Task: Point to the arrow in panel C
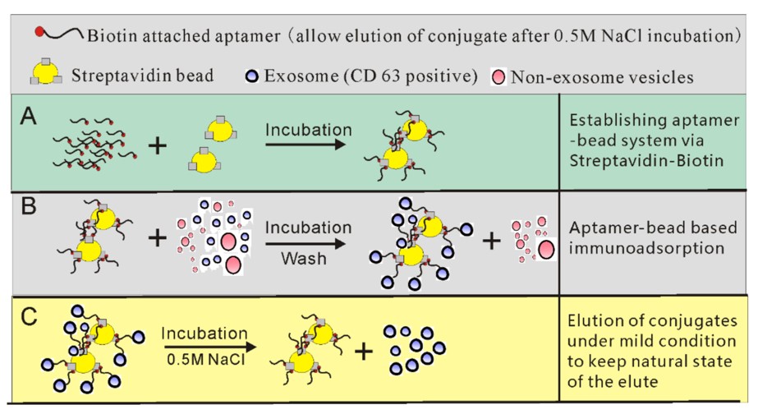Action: point(204,347)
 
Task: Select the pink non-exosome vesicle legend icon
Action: point(499,77)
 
